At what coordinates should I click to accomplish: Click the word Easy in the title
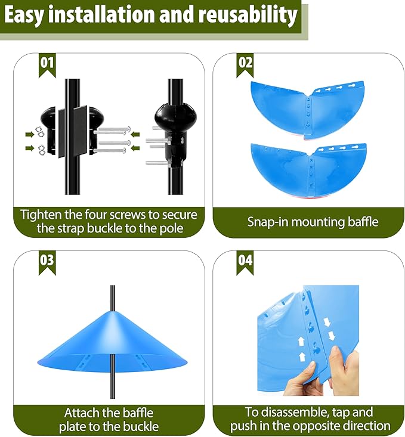[25, 16]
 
